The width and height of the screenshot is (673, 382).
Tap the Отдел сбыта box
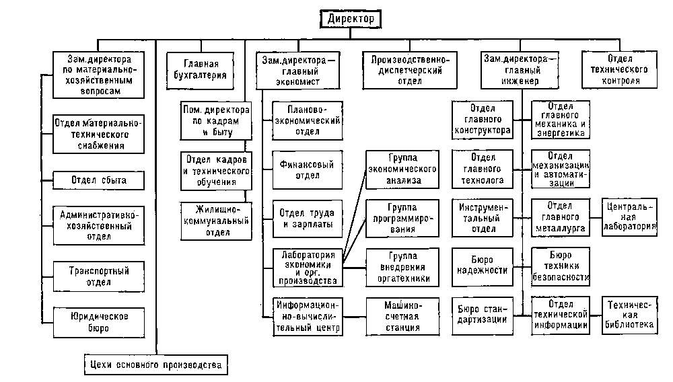point(98,180)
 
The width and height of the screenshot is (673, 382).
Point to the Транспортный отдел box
point(98,276)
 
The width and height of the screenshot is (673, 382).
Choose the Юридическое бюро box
point(98,321)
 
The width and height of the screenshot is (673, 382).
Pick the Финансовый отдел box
point(306,169)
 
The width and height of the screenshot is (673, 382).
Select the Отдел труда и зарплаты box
point(306,219)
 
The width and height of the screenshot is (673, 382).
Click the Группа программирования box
point(403,218)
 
